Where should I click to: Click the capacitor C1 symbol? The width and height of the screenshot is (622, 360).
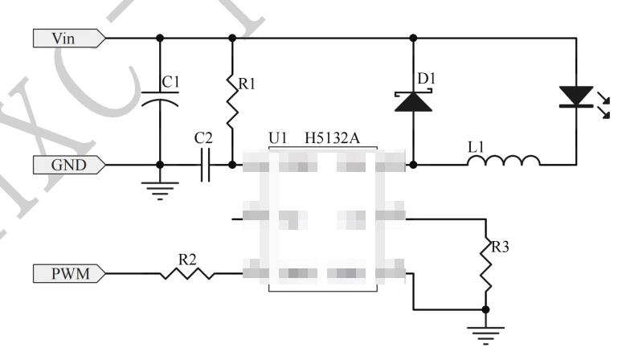(160, 101)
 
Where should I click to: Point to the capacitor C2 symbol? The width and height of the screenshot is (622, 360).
(204, 166)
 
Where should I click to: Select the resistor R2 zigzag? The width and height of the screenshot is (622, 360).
(186, 274)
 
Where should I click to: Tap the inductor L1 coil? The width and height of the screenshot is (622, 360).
(504, 163)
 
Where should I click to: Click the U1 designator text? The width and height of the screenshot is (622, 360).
(278, 139)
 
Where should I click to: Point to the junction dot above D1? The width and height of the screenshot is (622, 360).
(414, 37)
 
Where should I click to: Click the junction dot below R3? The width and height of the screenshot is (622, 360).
(486, 309)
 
